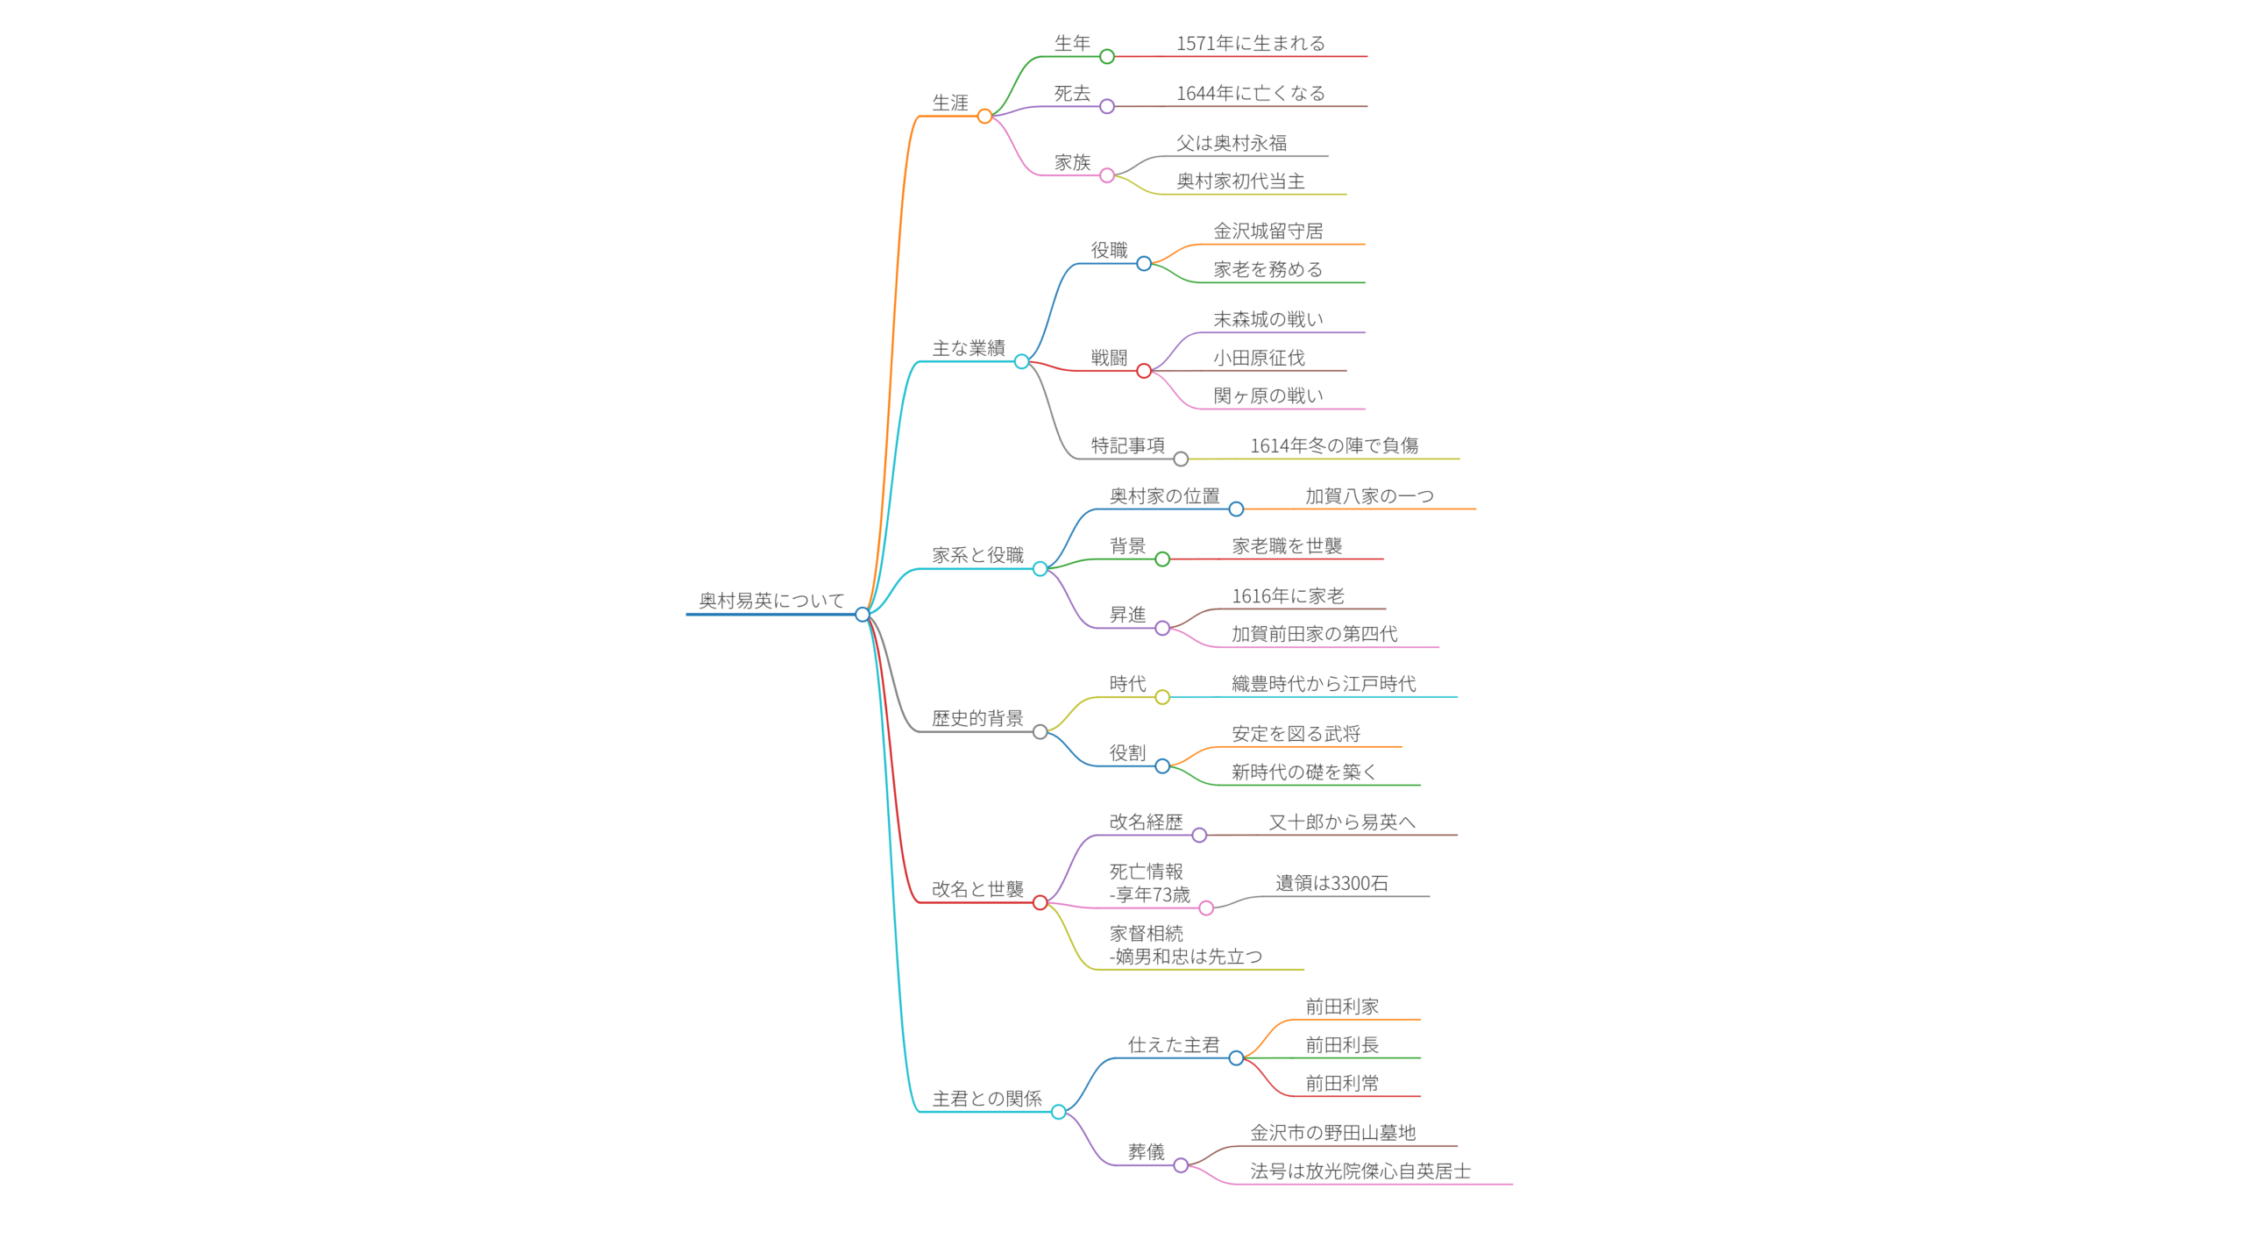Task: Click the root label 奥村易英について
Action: coord(770,601)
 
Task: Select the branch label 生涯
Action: coord(949,103)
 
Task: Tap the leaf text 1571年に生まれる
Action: coord(1249,43)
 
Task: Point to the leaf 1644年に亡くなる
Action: coord(1249,93)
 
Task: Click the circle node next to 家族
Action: coord(1106,175)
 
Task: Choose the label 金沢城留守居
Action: coord(1267,231)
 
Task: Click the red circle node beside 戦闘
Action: coord(1143,371)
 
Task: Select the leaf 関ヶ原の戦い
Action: coord(1267,395)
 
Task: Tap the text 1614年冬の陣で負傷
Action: coord(1332,445)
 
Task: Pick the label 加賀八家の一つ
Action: coord(1368,496)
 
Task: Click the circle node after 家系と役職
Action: coord(1040,569)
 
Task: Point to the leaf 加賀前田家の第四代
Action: coord(1313,634)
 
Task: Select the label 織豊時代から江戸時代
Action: coord(1323,684)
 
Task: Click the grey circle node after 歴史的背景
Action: coord(1040,732)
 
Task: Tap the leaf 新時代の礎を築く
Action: coord(1303,772)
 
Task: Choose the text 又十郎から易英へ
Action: coord(1341,822)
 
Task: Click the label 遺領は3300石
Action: coord(1331,883)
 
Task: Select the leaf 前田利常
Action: coord(1341,1083)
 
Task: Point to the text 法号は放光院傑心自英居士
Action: coord(1360,1171)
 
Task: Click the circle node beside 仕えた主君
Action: coord(1236,1058)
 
